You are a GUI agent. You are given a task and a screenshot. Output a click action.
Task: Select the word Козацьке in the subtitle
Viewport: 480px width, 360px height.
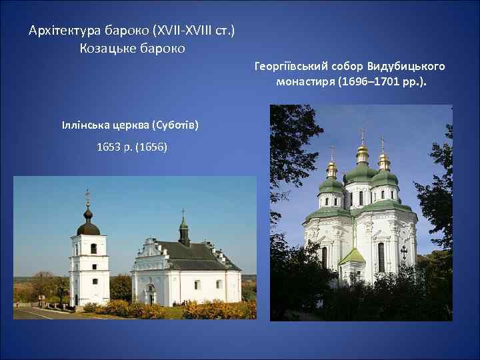106,49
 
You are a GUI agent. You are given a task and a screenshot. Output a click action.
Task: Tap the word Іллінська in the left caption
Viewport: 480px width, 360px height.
83,125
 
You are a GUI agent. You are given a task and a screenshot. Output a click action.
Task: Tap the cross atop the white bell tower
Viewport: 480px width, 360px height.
87,195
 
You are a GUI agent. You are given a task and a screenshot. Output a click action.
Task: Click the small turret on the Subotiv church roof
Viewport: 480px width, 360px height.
184,231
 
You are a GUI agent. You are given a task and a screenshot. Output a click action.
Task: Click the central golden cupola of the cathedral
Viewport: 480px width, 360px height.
362,155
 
